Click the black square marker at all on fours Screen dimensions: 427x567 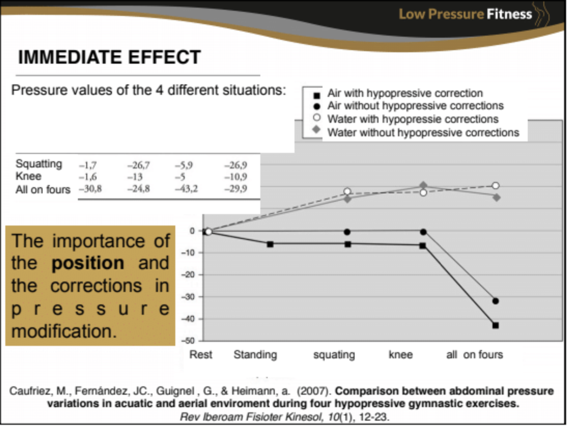click(x=495, y=325)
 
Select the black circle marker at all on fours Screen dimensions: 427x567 click(x=495, y=301)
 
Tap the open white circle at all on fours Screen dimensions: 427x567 click(x=495, y=186)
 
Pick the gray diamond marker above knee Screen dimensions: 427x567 click(x=423, y=185)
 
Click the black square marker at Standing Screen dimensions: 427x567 click(x=270, y=244)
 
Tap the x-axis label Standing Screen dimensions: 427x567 click(x=255, y=354)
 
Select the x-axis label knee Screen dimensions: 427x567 click(x=400, y=354)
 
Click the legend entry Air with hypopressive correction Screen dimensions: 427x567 click(x=405, y=93)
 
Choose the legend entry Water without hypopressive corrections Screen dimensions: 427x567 click(x=423, y=133)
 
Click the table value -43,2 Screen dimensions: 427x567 click(x=186, y=189)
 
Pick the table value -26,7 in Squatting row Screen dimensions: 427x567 click(x=138, y=165)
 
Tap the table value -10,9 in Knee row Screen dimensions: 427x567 click(x=236, y=177)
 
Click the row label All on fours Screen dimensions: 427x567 click(x=43, y=189)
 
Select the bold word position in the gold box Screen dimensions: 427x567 click(x=88, y=263)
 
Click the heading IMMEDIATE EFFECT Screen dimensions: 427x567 click(x=110, y=57)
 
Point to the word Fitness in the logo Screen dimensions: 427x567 click(x=509, y=14)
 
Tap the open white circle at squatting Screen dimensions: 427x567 click(x=347, y=191)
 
